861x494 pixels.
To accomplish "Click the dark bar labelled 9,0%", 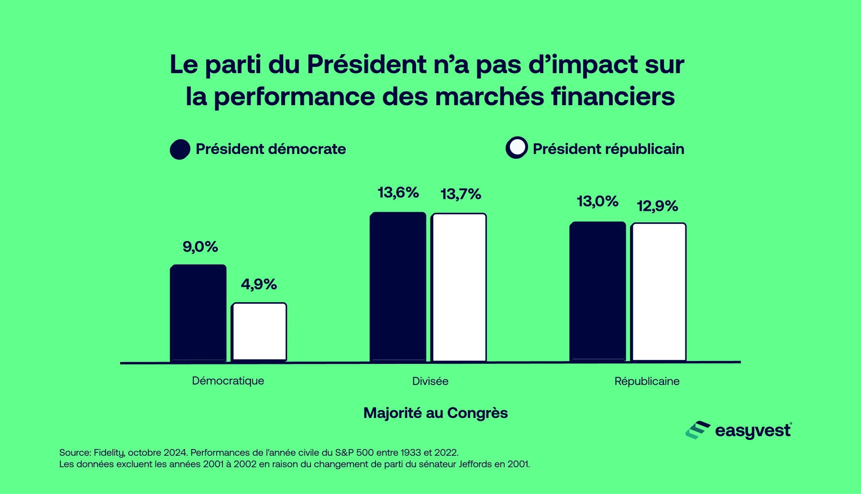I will pos(198,313).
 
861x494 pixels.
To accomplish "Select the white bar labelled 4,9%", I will pos(259,332).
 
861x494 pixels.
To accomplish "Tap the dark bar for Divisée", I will pos(398,287).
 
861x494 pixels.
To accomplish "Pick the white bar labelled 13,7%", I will pos(459,287).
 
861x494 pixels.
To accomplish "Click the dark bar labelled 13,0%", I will pos(597,291).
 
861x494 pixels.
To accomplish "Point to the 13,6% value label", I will pos(398,193).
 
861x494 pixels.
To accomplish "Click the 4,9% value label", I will pos(259,285).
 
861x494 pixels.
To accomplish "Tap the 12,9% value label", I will pos(657,206).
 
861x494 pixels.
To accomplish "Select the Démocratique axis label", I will pos(228,381).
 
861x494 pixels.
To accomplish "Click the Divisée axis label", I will pos(430,381).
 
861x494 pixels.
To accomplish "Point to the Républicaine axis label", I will pos(647,381).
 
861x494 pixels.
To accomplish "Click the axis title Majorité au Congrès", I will pos(435,413).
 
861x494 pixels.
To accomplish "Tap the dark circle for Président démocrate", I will pos(180,149).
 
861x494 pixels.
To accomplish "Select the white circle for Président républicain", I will pos(517,148).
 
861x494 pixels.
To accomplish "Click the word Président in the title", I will pos(366,65).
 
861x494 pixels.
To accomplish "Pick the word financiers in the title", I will pos(613,97).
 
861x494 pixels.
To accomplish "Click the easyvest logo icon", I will pos(697,430).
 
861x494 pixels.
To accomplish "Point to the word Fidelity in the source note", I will pos(109,452).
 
